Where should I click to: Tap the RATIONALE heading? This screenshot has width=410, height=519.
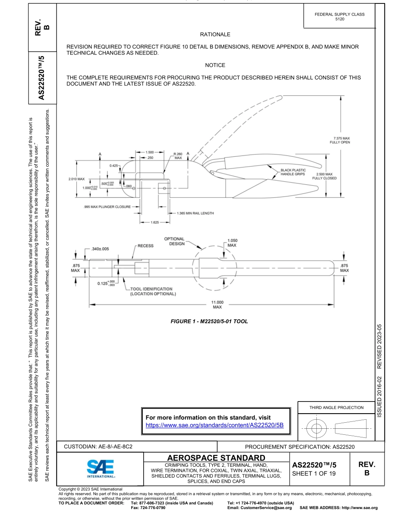click(x=215, y=34)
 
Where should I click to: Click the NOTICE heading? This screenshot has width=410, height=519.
click(x=215, y=65)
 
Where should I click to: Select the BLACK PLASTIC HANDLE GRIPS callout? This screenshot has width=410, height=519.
click(x=293, y=172)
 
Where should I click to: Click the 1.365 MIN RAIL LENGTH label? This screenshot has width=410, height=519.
click(x=195, y=213)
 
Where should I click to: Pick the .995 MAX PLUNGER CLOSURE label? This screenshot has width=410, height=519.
click(x=107, y=207)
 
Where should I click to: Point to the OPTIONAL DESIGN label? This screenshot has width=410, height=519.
click(x=174, y=241)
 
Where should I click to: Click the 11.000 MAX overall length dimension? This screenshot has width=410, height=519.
click(x=217, y=304)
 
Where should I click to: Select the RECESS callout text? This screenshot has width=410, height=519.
click(x=145, y=246)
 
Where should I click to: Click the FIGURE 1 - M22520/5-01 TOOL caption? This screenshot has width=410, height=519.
click(x=209, y=321)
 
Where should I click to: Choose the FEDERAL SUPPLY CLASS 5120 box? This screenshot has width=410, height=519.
click(x=340, y=16)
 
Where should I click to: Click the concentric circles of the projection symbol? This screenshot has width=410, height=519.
click(x=317, y=429)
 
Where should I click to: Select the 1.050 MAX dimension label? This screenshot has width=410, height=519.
click(x=232, y=243)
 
